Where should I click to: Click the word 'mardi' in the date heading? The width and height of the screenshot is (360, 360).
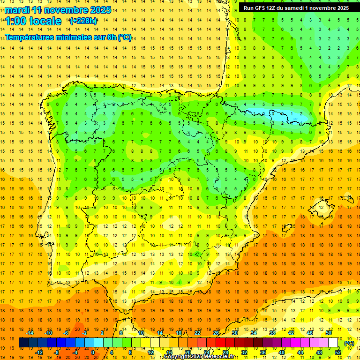click(19, 10)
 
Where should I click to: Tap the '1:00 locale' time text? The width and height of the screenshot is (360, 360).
click(33, 21)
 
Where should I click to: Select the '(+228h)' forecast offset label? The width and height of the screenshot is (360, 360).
click(83, 21)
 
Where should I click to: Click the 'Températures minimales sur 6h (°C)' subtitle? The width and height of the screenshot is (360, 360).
click(68, 37)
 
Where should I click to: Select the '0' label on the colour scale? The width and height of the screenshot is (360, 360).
click(92, 352)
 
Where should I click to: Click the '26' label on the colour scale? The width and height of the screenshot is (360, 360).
click(216, 333)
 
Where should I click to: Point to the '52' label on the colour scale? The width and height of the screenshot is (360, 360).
click(338, 352)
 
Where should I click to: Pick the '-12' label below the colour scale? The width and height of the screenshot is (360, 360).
click(39, 352)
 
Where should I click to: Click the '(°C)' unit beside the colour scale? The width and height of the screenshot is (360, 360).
click(349, 343)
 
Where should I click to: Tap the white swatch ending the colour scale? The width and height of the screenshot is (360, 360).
click(333, 343)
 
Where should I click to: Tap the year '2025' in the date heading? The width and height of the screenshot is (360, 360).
click(100, 10)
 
